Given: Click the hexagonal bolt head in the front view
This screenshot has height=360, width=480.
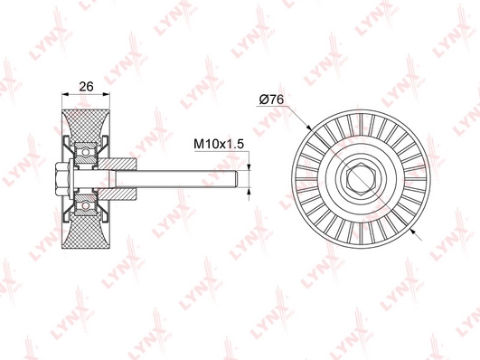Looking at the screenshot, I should click(358, 178).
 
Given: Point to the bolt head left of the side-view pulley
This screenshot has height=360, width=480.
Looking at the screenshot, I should click(63, 177).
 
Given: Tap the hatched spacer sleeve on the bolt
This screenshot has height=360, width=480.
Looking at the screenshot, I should click(123, 177).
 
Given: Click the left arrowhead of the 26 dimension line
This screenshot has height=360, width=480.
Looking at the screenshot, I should click(63, 94).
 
